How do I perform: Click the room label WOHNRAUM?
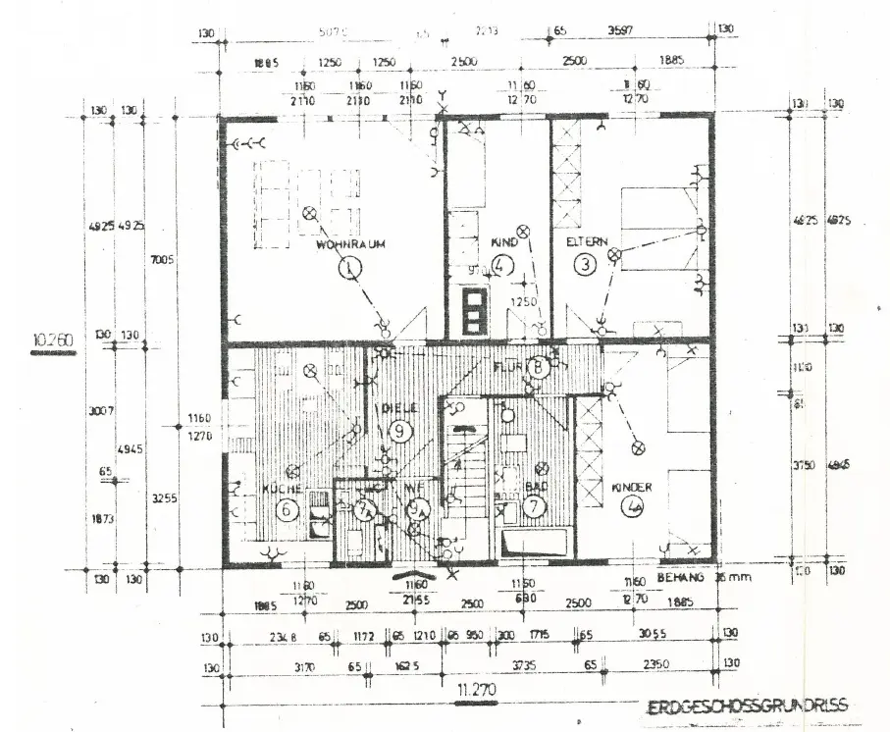coord(348,244)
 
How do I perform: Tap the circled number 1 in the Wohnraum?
coord(348,265)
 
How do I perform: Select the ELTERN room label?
coord(587,241)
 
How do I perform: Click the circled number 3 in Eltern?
coord(586,263)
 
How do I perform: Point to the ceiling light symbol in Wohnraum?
coord(309,212)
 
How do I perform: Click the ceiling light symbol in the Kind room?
coord(522,231)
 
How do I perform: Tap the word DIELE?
coord(398,406)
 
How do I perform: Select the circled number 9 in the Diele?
coord(398,429)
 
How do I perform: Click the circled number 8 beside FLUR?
coord(538,367)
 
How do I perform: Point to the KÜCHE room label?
coord(281,488)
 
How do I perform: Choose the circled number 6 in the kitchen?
coord(288,508)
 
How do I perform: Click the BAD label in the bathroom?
coord(535,487)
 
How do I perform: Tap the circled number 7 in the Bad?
coord(534,507)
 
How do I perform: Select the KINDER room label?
coord(632,487)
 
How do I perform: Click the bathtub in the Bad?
coord(535,545)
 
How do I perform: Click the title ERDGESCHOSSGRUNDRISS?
coord(747,706)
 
